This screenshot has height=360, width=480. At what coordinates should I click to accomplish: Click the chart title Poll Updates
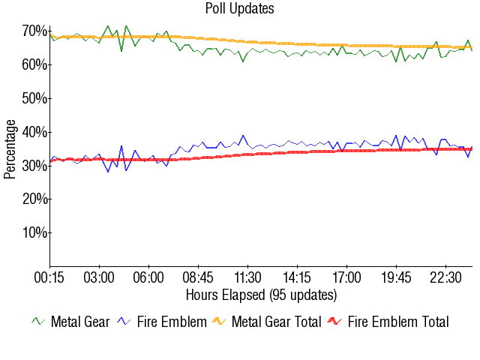point(240,9)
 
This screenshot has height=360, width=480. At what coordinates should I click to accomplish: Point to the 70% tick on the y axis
point(34,31)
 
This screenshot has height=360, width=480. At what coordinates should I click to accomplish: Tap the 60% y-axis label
point(34,64)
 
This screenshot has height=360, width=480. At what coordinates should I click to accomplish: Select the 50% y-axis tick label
point(34,98)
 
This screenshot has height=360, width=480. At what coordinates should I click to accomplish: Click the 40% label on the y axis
point(34,132)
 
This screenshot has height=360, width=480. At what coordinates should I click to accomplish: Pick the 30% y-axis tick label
point(34,166)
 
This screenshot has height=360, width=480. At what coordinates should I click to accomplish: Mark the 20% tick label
point(34,199)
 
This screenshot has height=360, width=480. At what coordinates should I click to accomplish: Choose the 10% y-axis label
point(34,232)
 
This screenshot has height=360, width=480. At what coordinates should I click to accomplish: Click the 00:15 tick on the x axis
point(49,277)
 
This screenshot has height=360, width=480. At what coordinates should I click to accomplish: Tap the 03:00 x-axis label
point(99,277)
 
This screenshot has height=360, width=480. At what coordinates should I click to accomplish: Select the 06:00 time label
point(148,277)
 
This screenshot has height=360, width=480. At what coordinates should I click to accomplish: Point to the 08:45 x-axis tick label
point(198,277)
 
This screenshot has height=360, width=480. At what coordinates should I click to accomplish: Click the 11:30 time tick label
point(247,277)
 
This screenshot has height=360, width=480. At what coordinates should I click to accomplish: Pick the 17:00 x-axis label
point(347,277)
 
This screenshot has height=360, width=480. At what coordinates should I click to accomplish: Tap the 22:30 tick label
point(446,277)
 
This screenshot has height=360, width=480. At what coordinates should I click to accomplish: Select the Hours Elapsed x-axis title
point(261,294)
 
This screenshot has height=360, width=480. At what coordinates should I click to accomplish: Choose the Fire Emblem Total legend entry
point(398,322)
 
